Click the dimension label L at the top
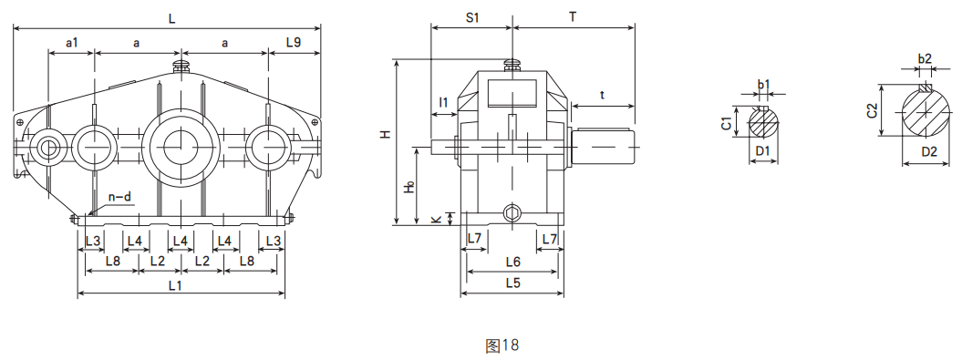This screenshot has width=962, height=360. point(172,17)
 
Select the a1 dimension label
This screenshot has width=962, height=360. point(72,42)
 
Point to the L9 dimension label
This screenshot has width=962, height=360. point(294,42)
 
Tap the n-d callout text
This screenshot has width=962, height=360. point(120,196)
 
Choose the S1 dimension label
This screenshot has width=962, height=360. point(472,17)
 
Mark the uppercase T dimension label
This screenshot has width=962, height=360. point(572,17)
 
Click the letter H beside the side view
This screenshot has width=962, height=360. point(386,134)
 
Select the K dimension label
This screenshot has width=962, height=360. point(436,220)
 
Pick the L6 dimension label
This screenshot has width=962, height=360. point(512,262)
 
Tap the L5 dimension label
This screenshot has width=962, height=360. point(512,283)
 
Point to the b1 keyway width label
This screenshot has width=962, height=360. point(763,86)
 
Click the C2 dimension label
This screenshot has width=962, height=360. point(872,110)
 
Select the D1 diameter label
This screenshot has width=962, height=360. point(762,150)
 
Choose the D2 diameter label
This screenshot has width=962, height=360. point(928,151)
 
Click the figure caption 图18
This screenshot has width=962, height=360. point(502,345)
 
